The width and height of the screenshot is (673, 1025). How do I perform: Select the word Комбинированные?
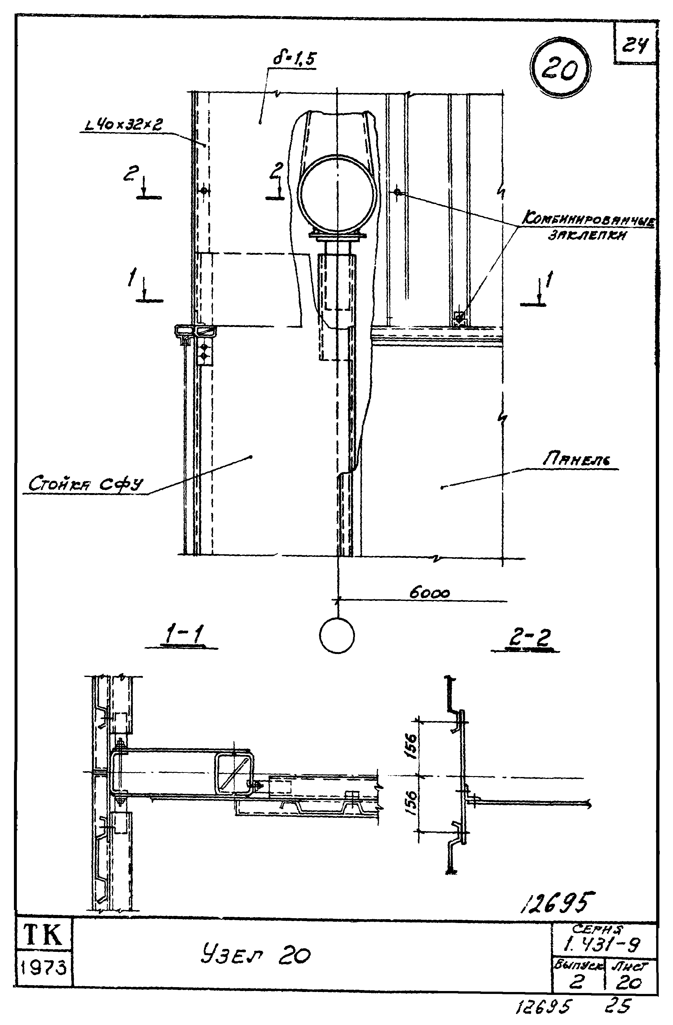tap(588, 220)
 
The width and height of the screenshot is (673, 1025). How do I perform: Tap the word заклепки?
tap(587, 235)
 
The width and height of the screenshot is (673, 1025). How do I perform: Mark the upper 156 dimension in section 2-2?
tap(411, 747)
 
